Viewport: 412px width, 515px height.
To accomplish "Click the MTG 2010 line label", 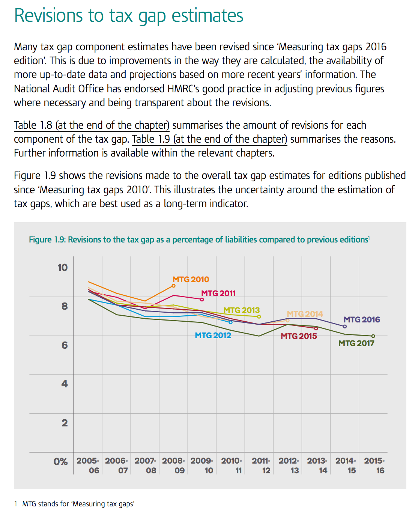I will pos(191,280).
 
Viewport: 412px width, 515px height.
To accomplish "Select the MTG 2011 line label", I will pos(218,294).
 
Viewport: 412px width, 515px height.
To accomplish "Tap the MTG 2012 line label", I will pos(213,336).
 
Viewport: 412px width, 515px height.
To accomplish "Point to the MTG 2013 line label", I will pos(242,310).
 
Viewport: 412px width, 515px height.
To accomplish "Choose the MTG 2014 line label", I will pos(305,314).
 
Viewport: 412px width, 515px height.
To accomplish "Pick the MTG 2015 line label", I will pos(299,336).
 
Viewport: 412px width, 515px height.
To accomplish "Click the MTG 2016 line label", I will pos(362,320).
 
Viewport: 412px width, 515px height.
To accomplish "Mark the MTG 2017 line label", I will pos(356,343).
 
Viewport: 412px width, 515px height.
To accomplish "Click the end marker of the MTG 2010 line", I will pos(173,286).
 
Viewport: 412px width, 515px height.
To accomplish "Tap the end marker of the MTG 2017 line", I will pos(373,336).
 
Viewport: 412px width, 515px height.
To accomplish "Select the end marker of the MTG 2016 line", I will pos(345,327).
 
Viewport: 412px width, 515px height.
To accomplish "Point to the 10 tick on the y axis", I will pos(62,268).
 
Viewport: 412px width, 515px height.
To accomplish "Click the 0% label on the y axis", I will pos(60,462).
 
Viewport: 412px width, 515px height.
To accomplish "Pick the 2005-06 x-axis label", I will pos(88,465).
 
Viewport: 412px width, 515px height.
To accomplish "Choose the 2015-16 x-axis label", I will pos(374,465).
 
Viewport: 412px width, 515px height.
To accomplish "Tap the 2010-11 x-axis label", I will pos(232,465).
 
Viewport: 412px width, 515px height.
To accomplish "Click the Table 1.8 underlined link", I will pos(92,125).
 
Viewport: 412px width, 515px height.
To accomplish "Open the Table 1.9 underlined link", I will pos(209,139).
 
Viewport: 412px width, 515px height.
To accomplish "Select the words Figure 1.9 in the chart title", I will pos(47,240).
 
